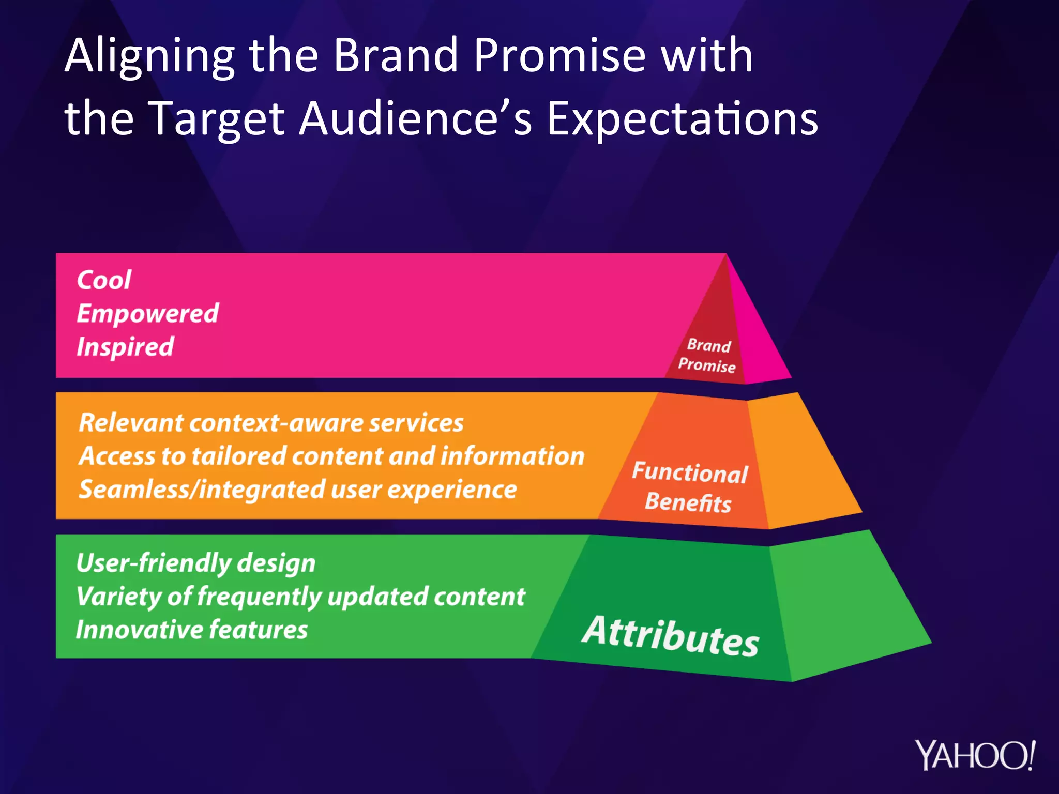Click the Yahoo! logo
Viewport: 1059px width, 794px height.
(x=975, y=755)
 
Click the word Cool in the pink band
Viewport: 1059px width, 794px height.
(x=104, y=280)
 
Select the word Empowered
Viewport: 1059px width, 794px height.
(x=147, y=314)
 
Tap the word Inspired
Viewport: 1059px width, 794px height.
(x=125, y=347)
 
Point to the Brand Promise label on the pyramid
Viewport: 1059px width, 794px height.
(x=707, y=356)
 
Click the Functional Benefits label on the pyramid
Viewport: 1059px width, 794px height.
(x=689, y=487)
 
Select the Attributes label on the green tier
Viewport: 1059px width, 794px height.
(x=671, y=635)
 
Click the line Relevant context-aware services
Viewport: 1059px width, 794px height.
(x=271, y=423)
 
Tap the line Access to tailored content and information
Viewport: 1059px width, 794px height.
(x=331, y=456)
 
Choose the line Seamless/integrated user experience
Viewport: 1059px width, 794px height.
(x=297, y=490)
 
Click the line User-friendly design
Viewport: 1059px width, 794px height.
(x=195, y=563)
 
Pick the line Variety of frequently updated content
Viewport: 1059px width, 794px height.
(x=300, y=597)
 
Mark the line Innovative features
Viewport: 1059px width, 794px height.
(x=191, y=630)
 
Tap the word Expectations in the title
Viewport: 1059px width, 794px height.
(x=682, y=119)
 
